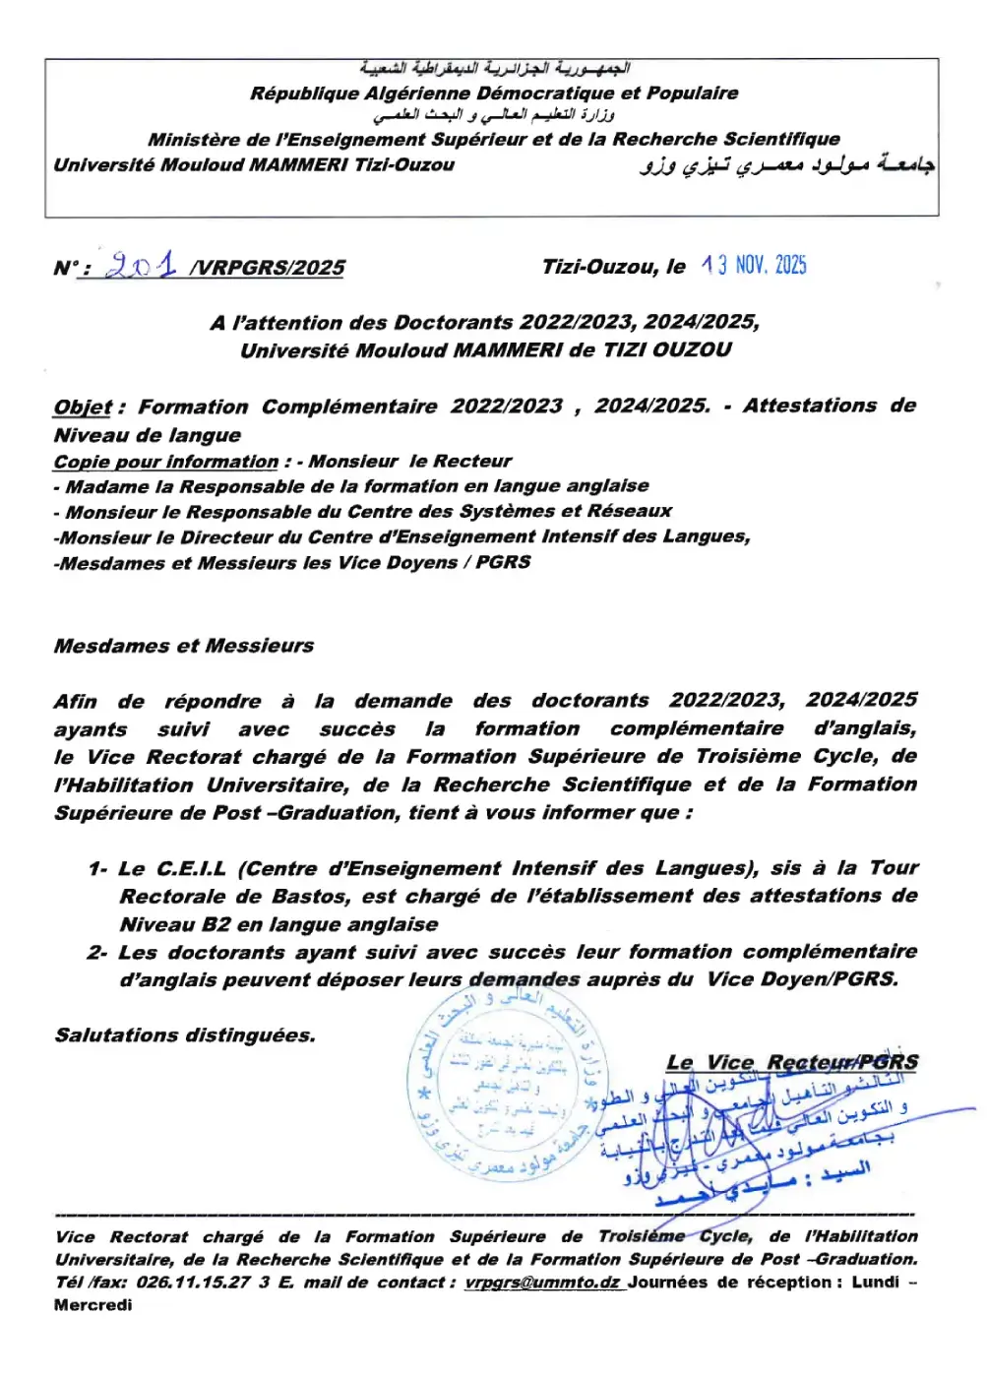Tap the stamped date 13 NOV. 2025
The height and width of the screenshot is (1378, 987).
754,265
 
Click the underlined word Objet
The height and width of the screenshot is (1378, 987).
83,407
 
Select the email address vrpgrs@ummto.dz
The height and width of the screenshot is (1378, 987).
542,1283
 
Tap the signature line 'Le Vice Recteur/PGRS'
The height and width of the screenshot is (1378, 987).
792,1062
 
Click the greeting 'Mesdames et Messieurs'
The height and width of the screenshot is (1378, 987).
184,646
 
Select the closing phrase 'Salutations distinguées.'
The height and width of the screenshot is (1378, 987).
185,1034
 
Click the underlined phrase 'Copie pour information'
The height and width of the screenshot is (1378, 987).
166,462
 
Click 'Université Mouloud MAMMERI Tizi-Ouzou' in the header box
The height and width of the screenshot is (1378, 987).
254,165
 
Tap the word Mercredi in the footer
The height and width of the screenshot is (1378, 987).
93,1305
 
